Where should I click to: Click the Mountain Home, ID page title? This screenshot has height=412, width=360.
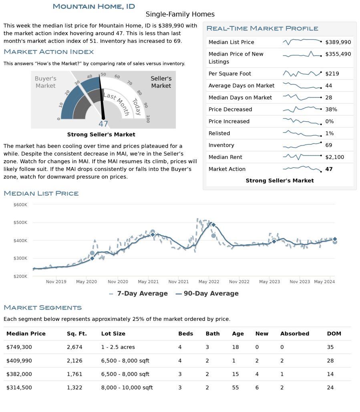coord(94,6)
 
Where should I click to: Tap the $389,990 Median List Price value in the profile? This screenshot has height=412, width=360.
coord(338,42)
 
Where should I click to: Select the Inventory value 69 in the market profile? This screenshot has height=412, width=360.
coord(328,145)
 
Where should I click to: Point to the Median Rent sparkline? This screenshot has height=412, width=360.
coord(302,157)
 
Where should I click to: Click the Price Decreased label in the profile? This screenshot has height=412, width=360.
coord(230,109)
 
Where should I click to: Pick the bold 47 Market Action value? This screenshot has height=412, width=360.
coord(329,169)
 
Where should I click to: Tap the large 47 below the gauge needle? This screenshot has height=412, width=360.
coord(103,124)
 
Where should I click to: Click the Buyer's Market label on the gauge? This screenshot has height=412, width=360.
coord(46,82)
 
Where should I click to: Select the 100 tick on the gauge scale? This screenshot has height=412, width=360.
coord(148,119)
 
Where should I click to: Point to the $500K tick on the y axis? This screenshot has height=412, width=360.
coord(20,222)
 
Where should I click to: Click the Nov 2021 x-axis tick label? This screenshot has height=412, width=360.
coord(179,282)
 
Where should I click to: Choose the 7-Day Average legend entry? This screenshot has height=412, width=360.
coord(139,293)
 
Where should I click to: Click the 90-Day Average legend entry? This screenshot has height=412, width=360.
coord(207,293)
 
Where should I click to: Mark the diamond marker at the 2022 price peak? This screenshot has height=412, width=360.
coord(213,225)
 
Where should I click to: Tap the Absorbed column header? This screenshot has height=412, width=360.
coord(294,334)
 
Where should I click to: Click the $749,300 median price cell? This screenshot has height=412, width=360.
coord(19,347)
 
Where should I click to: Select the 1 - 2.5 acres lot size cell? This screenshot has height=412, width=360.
coord(118,347)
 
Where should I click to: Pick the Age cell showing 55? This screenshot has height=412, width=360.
coord(235,388)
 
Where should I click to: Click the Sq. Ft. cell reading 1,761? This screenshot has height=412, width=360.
coord(74,374)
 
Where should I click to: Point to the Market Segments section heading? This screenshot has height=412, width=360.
coord(42,308)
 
